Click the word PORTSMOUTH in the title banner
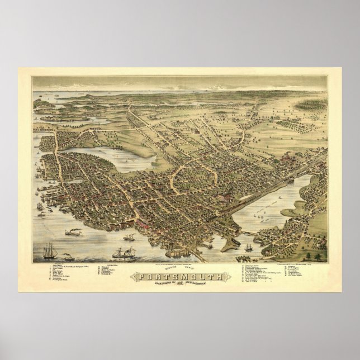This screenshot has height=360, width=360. pyautogui.click(x=179, y=278)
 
